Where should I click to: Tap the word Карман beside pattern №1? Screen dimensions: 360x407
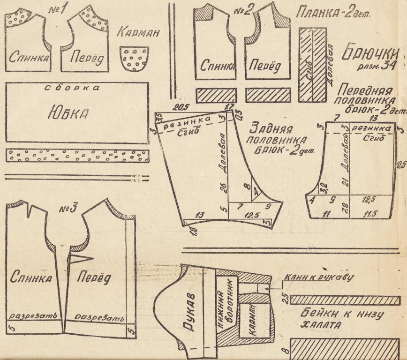[x=138, y=34]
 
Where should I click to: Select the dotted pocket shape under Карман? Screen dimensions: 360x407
[x=135, y=59]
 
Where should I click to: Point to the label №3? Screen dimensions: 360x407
[x=68, y=208]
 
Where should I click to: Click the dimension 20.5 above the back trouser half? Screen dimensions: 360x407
[x=179, y=107]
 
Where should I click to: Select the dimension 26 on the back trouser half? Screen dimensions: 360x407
[x=224, y=188]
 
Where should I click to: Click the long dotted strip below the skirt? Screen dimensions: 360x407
[x=77, y=156]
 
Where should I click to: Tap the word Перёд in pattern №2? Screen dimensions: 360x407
[x=263, y=67]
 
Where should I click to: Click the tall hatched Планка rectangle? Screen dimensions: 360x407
[x=312, y=64]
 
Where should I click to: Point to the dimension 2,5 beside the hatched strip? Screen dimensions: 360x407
[x=283, y=299]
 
